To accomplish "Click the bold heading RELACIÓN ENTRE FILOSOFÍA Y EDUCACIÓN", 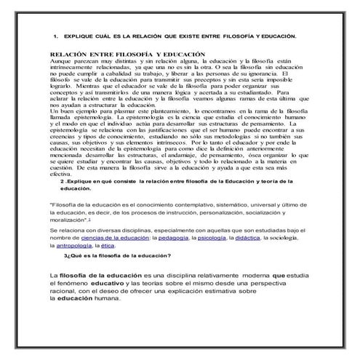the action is (116, 55).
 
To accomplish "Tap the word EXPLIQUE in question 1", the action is (78, 35).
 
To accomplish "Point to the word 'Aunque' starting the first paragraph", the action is (60, 62).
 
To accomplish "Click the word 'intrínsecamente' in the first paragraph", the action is (74, 68).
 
